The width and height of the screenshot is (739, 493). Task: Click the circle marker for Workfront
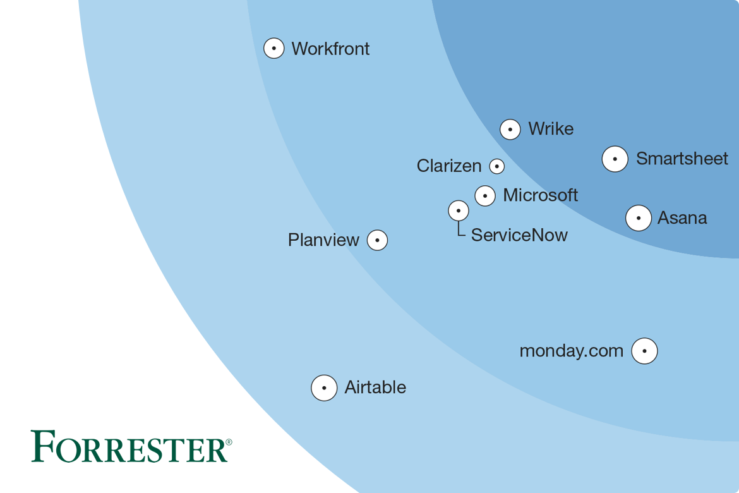273,49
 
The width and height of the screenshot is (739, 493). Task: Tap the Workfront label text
330,49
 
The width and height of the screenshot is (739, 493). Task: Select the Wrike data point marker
510,129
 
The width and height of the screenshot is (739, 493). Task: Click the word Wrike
551,129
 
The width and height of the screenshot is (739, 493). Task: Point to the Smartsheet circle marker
615,159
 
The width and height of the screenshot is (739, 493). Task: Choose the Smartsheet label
682,159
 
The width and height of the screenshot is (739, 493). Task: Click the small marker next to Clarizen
497,166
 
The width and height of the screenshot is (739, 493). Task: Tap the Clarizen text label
449,166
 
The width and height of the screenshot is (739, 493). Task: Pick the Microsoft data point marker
485,196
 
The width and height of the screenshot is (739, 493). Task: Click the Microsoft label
540,195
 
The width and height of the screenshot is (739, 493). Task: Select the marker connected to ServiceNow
459,210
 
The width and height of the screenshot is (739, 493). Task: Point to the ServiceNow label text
519,235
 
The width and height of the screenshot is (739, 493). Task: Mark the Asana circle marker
639,218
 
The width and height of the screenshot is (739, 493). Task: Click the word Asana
682,218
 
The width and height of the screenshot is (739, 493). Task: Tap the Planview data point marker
377,240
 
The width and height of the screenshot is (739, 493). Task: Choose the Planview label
323,240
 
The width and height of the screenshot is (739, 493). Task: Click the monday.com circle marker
644,351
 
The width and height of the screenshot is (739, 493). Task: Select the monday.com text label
571,351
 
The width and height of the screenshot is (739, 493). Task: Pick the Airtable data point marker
324,387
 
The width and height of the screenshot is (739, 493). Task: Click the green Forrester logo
131,446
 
